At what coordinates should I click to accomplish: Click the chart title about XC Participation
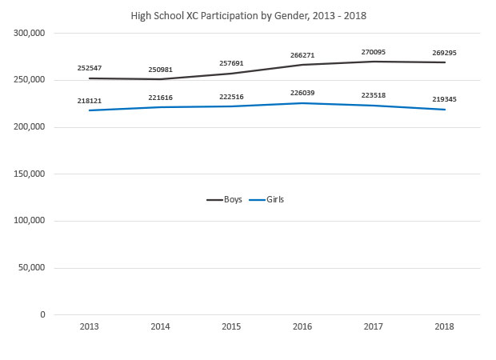point(247,14)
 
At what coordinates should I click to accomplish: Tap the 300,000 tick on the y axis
point(28,34)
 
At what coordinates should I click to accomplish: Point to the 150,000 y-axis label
point(28,174)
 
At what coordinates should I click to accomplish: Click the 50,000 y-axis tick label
point(30,268)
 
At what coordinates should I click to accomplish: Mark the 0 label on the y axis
point(40,314)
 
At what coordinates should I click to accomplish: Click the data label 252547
point(89,69)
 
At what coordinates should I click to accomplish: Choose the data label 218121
point(89,101)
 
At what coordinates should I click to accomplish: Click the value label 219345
point(445,99)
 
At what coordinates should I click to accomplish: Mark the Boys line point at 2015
point(231,74)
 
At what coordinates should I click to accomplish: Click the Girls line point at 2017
point(374,106)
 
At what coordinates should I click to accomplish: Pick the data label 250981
point(160,70)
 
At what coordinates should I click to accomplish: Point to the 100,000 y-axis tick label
point(28,221)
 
